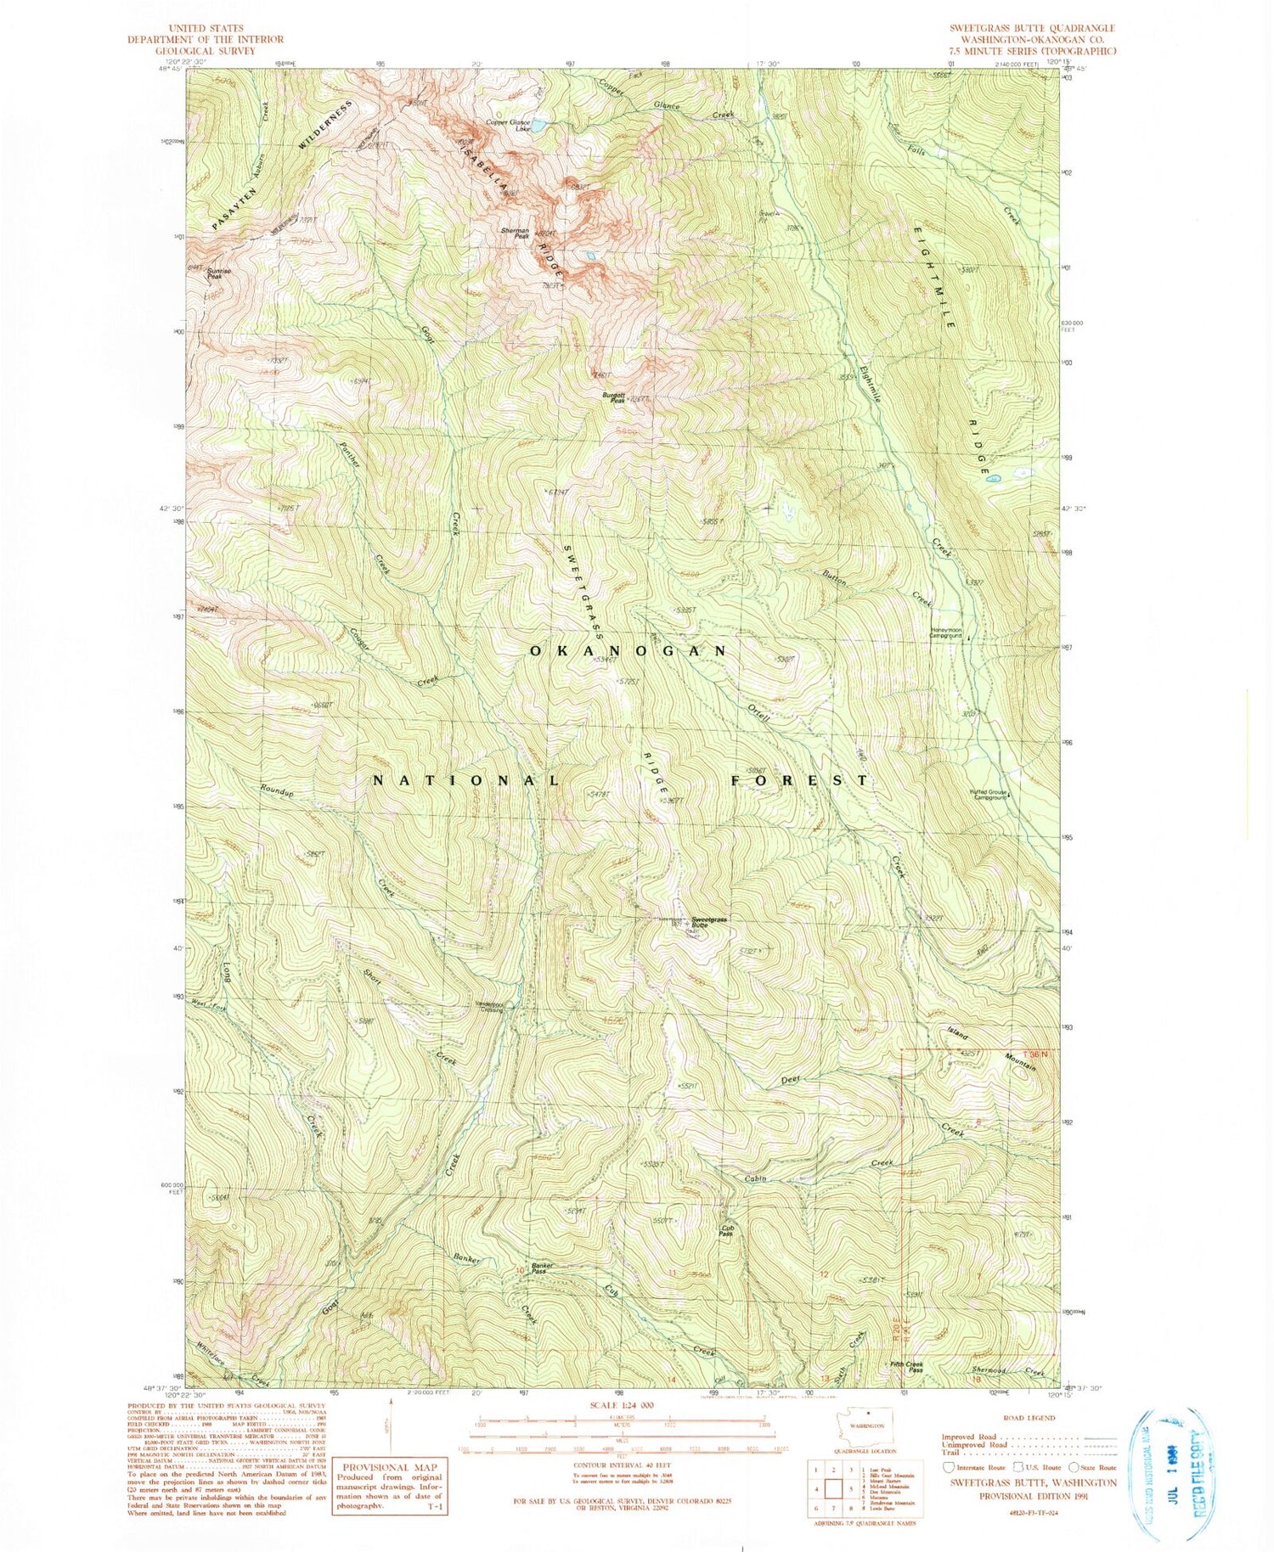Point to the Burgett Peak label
(614, 396)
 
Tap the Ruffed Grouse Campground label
(988, 796)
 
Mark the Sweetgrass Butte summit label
(709, 921)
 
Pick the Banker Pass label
(544, 1269)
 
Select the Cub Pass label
(727, 1230)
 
